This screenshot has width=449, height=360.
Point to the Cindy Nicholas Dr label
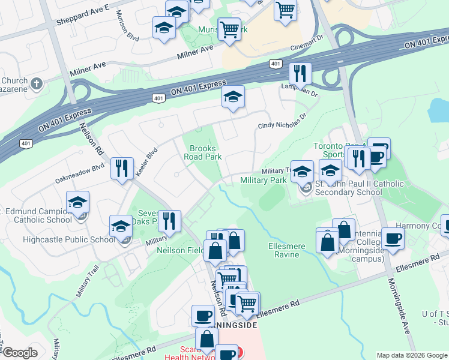(282, 121)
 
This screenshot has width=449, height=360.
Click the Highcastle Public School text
(69, 240)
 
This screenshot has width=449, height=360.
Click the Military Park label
(263, 180)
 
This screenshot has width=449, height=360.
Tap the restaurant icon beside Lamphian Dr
(300, 73)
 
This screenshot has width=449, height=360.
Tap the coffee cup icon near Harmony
(393, 238)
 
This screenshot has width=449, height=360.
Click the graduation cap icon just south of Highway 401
(233, 96)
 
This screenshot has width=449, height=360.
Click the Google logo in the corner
(19, 352)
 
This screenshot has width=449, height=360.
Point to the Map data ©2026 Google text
(412, 355)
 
